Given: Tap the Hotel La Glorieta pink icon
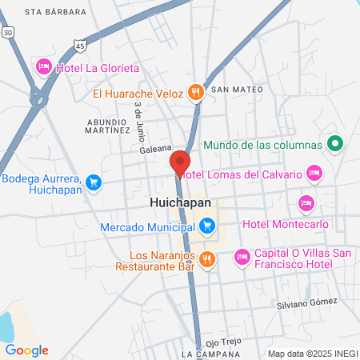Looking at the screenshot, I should tap(44, 66).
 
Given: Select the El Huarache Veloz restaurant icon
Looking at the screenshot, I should tap(195, 92).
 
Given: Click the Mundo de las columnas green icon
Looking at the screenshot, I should tap(336, 145).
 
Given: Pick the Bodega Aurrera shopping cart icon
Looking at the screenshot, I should tap(94, 182).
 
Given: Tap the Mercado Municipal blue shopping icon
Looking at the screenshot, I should tap(207, 226).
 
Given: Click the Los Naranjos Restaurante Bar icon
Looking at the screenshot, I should tap(207, 258).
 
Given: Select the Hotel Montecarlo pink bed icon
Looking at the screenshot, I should tap(306, 203).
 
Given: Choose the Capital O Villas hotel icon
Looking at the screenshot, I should tap(241, 258).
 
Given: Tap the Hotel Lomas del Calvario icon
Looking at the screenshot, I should tap(314, 173).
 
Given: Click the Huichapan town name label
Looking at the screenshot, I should tap(181, 203).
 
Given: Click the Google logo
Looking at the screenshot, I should tap(26, 350).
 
